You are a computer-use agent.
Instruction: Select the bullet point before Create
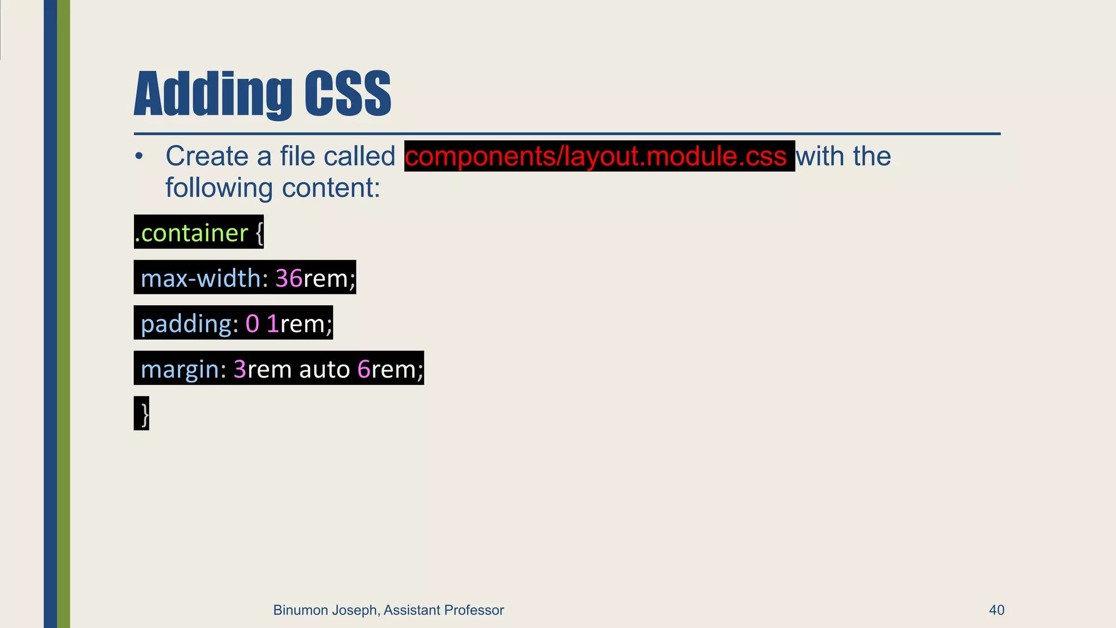pos(139,157)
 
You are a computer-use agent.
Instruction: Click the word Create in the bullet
pos(207,156)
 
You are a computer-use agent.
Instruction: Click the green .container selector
pos(192,233)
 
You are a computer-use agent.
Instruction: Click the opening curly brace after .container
pos(259,233)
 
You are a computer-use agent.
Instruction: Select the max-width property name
pos(201,278)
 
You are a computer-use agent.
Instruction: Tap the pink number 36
pos(289,278)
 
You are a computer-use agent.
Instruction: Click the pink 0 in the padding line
pos(252,324)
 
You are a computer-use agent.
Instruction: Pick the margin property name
pos(180,369)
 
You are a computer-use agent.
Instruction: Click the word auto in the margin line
pos(324,369)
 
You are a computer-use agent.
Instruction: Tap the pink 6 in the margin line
pos(364,369)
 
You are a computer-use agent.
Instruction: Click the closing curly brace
pos(144,414)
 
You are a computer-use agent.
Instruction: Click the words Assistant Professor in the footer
pos(444,610)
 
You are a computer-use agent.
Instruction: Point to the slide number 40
pos(996,610)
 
